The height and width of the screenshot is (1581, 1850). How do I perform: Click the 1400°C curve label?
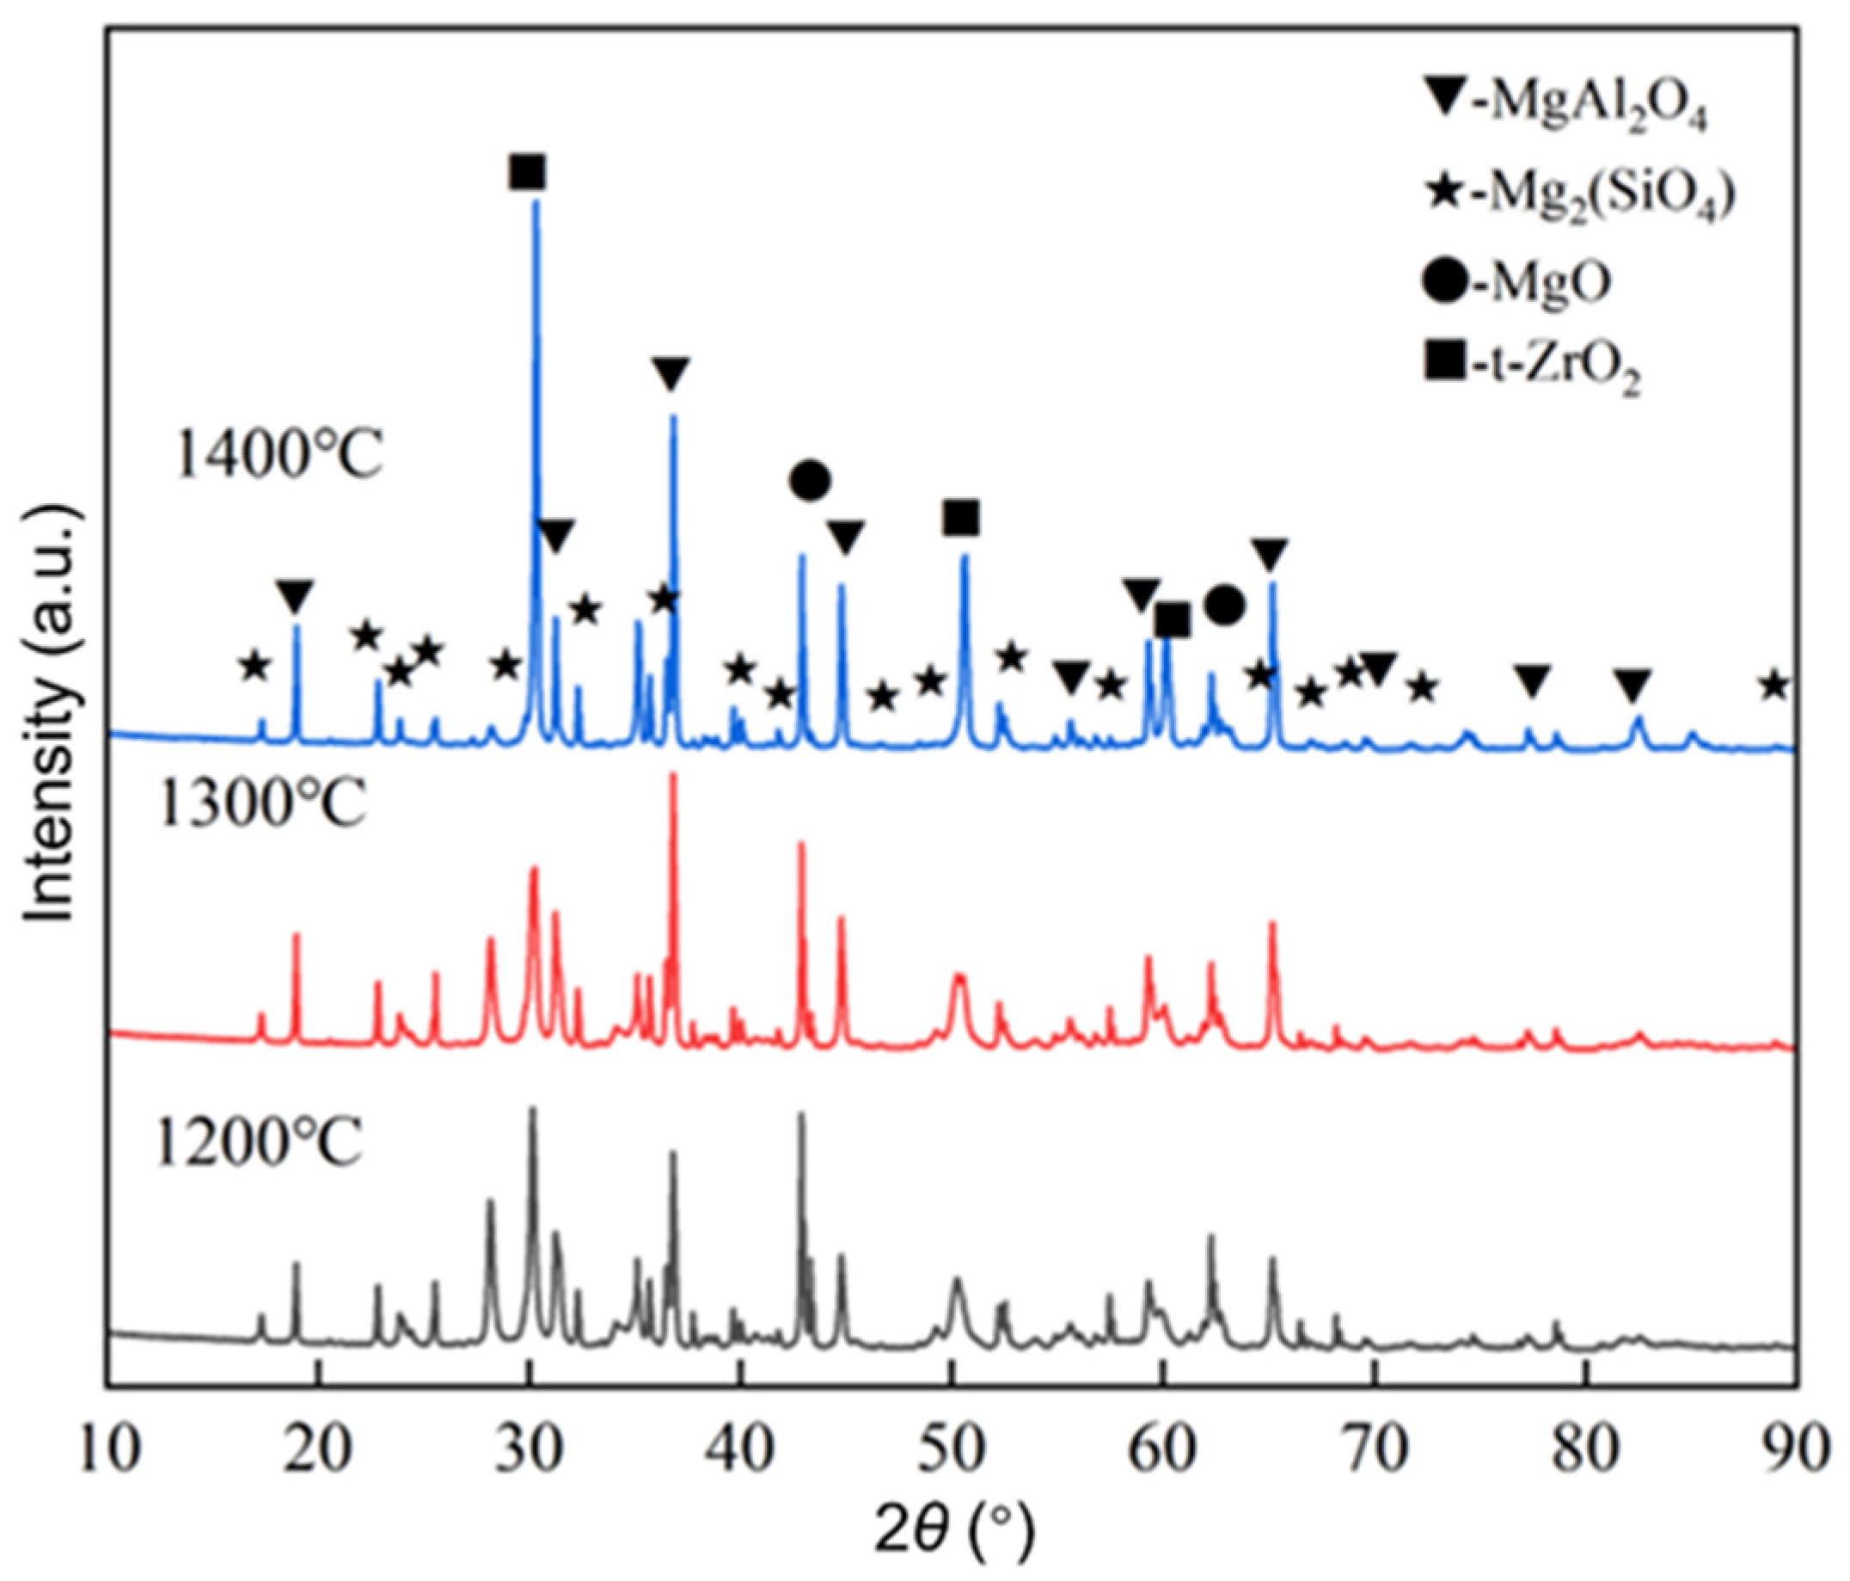(x=279, y=458)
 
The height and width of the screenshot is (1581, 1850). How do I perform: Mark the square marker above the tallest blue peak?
(x=527, y=171)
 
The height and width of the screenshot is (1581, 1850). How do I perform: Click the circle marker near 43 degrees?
(x=810, y=482)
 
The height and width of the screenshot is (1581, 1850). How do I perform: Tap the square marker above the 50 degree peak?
(x=961, y=517)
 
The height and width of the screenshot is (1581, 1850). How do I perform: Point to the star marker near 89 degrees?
(x=1774, y=686)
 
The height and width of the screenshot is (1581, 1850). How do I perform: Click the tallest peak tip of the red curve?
(x=673, y=775)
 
